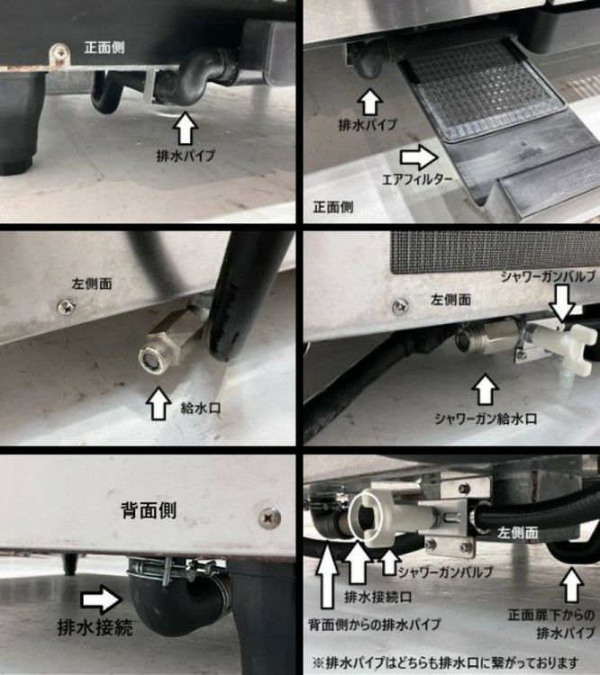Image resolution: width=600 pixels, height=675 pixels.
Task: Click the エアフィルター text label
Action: [417, 179]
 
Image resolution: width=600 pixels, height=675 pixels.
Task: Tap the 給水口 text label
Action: [200, 408]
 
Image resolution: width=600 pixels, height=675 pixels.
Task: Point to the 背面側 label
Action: [149, 510]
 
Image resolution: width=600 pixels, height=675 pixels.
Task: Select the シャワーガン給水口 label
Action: [486, 418]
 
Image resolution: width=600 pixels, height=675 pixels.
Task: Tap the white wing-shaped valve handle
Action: [582, 347]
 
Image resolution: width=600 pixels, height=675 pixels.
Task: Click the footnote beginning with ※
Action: [445, 662]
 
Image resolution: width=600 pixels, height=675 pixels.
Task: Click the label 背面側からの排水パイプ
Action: [375, 624]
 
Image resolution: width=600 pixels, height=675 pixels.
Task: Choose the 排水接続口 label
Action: [377, 597]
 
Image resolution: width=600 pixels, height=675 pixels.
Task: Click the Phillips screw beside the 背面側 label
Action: [270, 517]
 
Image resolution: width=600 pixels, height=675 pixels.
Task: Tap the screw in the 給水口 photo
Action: [67, 307]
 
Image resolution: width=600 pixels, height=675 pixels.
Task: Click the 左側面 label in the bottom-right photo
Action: [518, 533]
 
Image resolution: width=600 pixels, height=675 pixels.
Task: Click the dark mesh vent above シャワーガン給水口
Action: [495, 252]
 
